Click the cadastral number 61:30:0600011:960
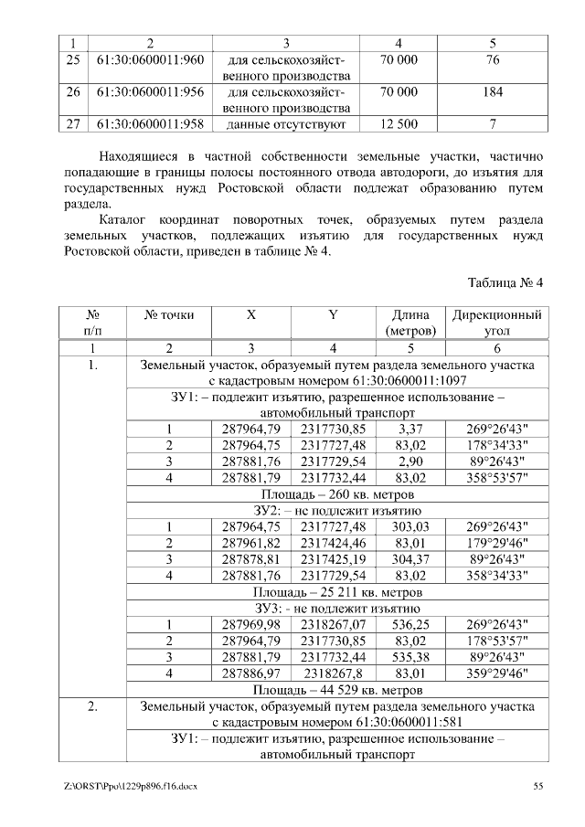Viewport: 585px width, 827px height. coord(149,59)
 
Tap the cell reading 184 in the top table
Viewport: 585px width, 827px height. coord(493,91)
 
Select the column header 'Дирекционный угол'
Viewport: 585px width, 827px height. coord(496,323)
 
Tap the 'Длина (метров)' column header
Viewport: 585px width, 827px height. coord(411,323)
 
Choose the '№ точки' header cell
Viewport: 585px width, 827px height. coord(169,314)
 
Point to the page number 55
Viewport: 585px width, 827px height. coord(537,786)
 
